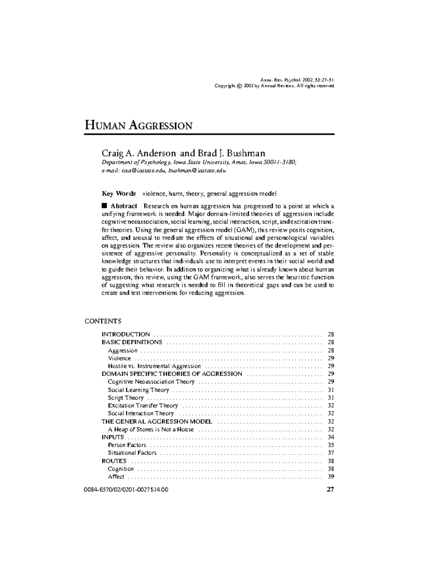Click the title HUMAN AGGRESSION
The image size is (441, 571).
139,126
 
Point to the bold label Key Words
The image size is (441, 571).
118,193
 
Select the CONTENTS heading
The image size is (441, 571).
103,321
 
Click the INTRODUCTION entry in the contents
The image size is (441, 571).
126,334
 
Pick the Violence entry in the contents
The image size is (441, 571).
119,358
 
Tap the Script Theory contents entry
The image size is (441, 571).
126,398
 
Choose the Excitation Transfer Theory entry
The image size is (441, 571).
143,406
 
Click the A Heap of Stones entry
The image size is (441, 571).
151,429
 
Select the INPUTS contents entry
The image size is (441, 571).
113,437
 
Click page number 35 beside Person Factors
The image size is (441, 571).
331,445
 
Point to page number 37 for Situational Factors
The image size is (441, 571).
331,453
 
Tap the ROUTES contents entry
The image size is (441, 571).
114,461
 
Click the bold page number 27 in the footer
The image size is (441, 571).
330,489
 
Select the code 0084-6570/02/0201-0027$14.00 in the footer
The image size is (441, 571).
126,490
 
